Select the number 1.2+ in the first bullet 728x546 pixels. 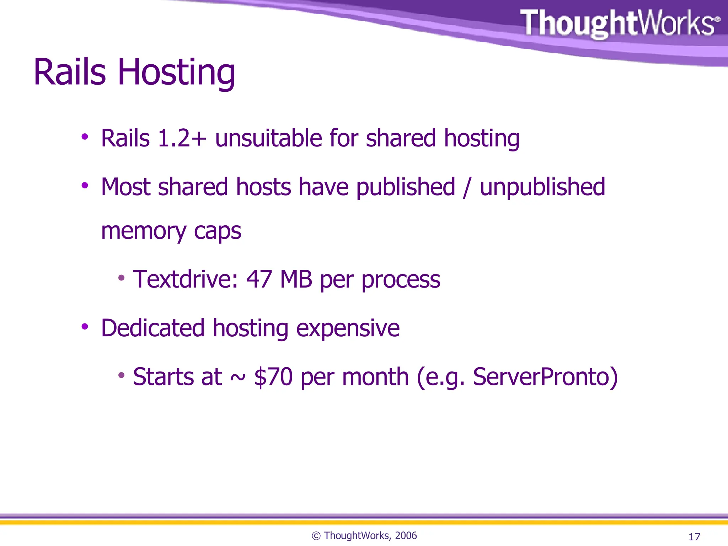pyautogui.click(x=182, y=138)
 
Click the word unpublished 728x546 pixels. pyautogui.click(x=542, y=187)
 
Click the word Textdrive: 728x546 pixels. pyautogui.click(x=185, y=279)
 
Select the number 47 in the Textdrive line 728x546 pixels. pyautogui.click(x=259, y=279)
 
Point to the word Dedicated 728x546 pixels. pyautogui.click(x=153, y=328)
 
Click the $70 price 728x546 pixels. pyautogui.click(x=273, y=377)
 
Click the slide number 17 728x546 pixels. pyautogui.click(x=694, y=536)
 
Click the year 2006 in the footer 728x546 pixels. pyautogui.click(x=406, y=536)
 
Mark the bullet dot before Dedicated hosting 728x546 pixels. pyautogui.click(x=85, y=327)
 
